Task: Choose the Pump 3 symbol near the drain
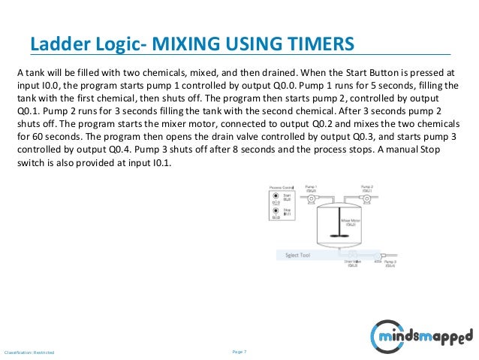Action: (387, 265)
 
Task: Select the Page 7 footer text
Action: (240, 352)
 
